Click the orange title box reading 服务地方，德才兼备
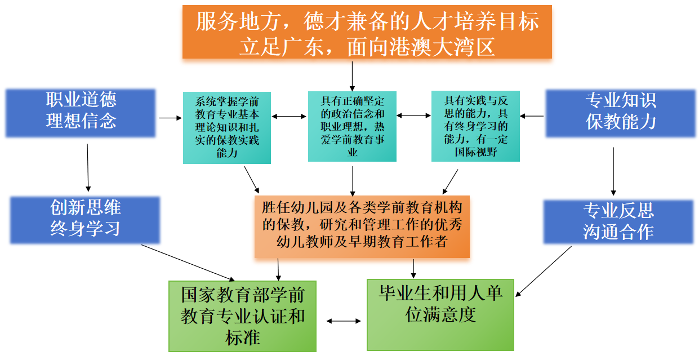tap(367, 32)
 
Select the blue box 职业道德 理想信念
tap(81, 112)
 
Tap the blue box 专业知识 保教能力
tap(621, 113)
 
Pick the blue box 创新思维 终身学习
tap(85, 219)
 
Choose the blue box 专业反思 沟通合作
tap(618, 221)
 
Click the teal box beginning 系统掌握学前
tap(227, 128)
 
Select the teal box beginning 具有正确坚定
tap(352, 126)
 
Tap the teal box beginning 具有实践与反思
tap(475, 126)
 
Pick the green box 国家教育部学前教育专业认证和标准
tap(243, 315)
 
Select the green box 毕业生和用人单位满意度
tap(440, 314)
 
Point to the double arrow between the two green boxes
tap(344, 321)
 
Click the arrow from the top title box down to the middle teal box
tap(352, 75)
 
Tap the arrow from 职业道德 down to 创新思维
tap(88, 167)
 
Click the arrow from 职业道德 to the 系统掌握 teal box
tap(170, 118)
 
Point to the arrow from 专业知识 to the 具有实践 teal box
tap(532, 116)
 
